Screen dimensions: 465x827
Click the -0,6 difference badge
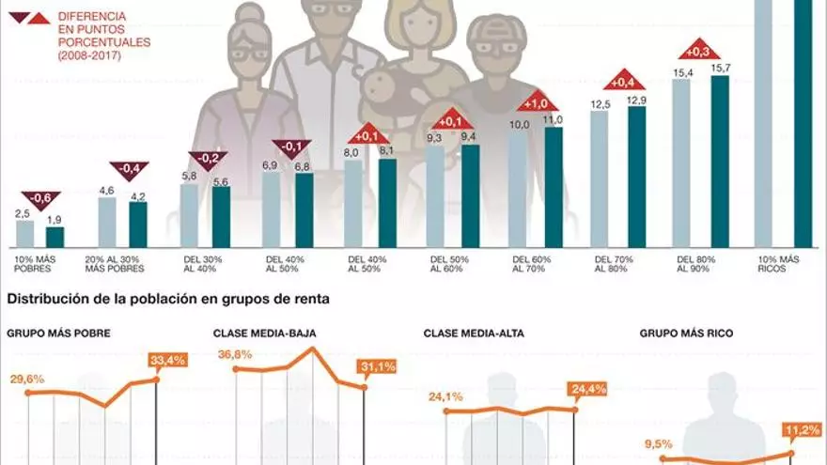tap(40, 198)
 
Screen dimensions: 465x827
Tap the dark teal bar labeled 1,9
tap(55, 237)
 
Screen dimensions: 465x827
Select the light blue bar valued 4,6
tap(107, 222)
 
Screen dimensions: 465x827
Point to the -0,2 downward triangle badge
tap(208, 159)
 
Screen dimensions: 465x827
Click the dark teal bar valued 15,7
tap(720, 161)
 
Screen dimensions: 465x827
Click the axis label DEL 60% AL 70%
tap(531, 264)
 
